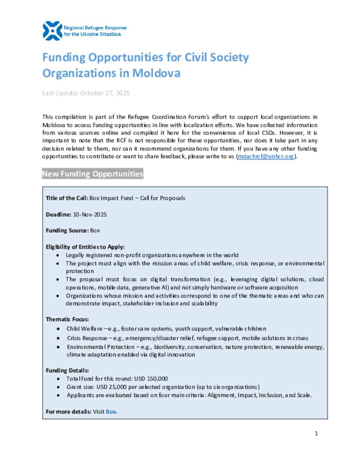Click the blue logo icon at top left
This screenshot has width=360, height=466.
tap(52, 31)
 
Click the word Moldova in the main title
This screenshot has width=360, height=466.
tap(156, 73)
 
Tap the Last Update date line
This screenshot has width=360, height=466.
tap(86, 93)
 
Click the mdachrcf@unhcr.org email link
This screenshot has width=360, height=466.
tap(265, 157)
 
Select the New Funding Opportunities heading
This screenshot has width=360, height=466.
tap(92, 174)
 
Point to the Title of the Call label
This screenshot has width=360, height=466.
tap(67, 198)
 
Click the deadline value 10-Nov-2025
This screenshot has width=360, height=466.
tap(90, 215)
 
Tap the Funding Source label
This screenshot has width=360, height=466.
tap(67, 231)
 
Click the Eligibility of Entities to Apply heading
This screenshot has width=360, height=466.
tap(85, 247)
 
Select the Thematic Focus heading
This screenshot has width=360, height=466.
tap(67, 319)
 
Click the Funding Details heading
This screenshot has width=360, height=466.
tap(67, 371)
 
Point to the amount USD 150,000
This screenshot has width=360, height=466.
tap(151, 379)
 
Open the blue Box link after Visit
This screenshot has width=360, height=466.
tap(111, 412)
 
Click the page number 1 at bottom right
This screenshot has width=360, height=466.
tap(316, 433)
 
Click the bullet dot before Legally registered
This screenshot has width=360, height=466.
tap(58, 255)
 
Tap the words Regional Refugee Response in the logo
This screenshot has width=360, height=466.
tap(95, 28)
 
